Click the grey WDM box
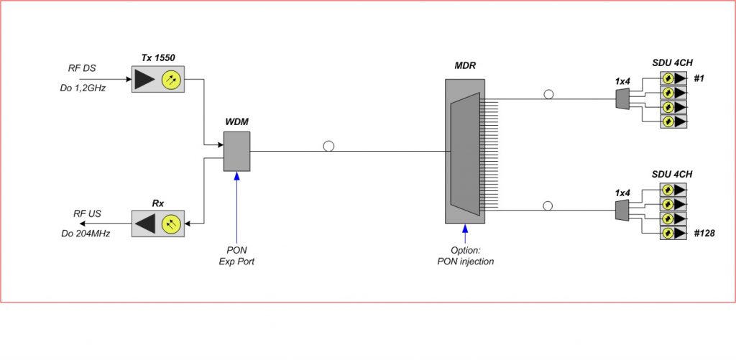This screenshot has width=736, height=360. tap(236, 151)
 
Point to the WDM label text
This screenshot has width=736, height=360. tap(236, 123)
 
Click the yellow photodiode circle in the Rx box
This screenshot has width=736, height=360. tap(172, 223)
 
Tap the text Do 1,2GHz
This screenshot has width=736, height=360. tap(83, 89)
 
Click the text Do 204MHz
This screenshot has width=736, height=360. tap(86, 233)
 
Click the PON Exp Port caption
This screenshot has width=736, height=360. tap(236, 255)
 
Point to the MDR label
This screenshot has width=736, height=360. tap(465, 65)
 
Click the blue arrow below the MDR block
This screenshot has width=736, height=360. tap(465, 234)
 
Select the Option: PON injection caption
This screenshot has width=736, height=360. tap(465, 255)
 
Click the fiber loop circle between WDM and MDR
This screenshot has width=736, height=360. tap(328, 146)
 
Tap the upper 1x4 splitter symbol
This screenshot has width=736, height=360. tap(622, 99)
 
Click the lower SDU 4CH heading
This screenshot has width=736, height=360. tap(672, 175)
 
